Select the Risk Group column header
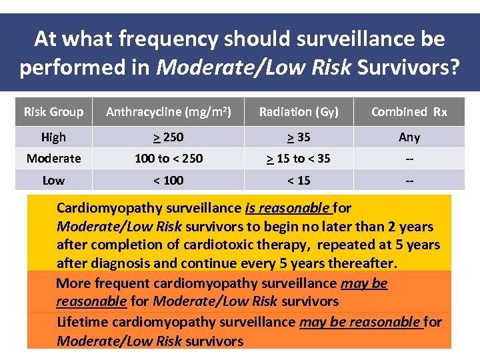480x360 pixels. tap(53, 112)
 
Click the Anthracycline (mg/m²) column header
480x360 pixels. tap(169, 112)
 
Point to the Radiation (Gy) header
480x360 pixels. tap(299, 112)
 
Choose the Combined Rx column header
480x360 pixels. tap(409, 112)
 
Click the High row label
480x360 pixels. tap(53, 137)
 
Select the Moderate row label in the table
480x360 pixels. tap(53, 159)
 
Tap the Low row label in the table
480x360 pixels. tap(53, 181)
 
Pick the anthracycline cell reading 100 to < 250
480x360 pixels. tap(169, 159)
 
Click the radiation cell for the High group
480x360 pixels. tap(299, 137)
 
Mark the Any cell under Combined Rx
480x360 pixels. tap(409, 137)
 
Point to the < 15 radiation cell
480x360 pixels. tap(299, 181)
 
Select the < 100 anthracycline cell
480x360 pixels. tap(169, 181)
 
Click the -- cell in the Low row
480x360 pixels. tap(409, 181)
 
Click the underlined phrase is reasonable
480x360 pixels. tap(287, 208)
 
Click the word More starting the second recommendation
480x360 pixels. tap(73, 283)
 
